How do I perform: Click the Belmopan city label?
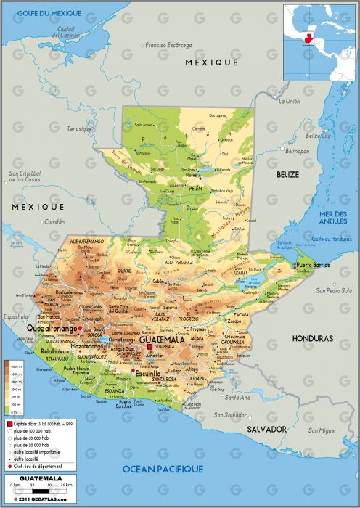(x=296, y=152)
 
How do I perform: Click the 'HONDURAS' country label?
(x=312, y=339)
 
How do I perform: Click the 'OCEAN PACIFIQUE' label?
(x=163, y=470)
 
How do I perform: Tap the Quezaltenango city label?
(x=51, y=329)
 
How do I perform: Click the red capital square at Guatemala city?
(x=150, y=347)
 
